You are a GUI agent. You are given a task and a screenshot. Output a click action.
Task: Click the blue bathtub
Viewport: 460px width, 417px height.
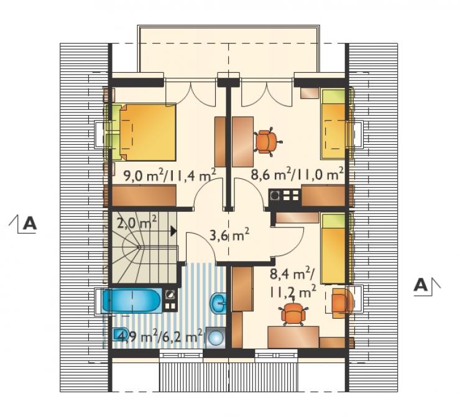click(131, 301)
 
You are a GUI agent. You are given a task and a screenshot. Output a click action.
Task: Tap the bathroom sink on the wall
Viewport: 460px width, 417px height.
click(219, 303)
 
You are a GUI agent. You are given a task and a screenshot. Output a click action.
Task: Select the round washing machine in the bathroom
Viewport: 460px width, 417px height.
click(216, 338)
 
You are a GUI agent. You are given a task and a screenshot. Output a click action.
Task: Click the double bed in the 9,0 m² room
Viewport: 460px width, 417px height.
click(144, 132)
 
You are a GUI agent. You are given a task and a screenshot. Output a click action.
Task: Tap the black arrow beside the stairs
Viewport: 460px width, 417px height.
click(173, 231)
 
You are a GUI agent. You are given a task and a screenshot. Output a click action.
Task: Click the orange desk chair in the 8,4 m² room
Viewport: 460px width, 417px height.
click(293, 313)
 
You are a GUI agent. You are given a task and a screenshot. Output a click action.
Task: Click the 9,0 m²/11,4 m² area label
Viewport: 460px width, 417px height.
click(170, 175)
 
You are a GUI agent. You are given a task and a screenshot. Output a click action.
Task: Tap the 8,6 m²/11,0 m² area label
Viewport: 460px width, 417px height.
click(297, 175)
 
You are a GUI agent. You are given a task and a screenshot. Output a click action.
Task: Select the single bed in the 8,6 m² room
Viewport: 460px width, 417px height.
click(334, 124)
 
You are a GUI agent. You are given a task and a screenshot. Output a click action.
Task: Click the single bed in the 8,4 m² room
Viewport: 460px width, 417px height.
click(334, 249)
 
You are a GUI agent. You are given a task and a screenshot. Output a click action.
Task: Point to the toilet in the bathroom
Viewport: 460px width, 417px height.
click(121, 334)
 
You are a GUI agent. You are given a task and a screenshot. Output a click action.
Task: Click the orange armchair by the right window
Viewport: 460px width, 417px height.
click(341, 303)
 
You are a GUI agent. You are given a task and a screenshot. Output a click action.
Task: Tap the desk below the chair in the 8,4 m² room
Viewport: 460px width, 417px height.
click(293, 337)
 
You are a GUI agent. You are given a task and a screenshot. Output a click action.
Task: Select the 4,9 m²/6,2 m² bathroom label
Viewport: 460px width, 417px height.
click(160, 337)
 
